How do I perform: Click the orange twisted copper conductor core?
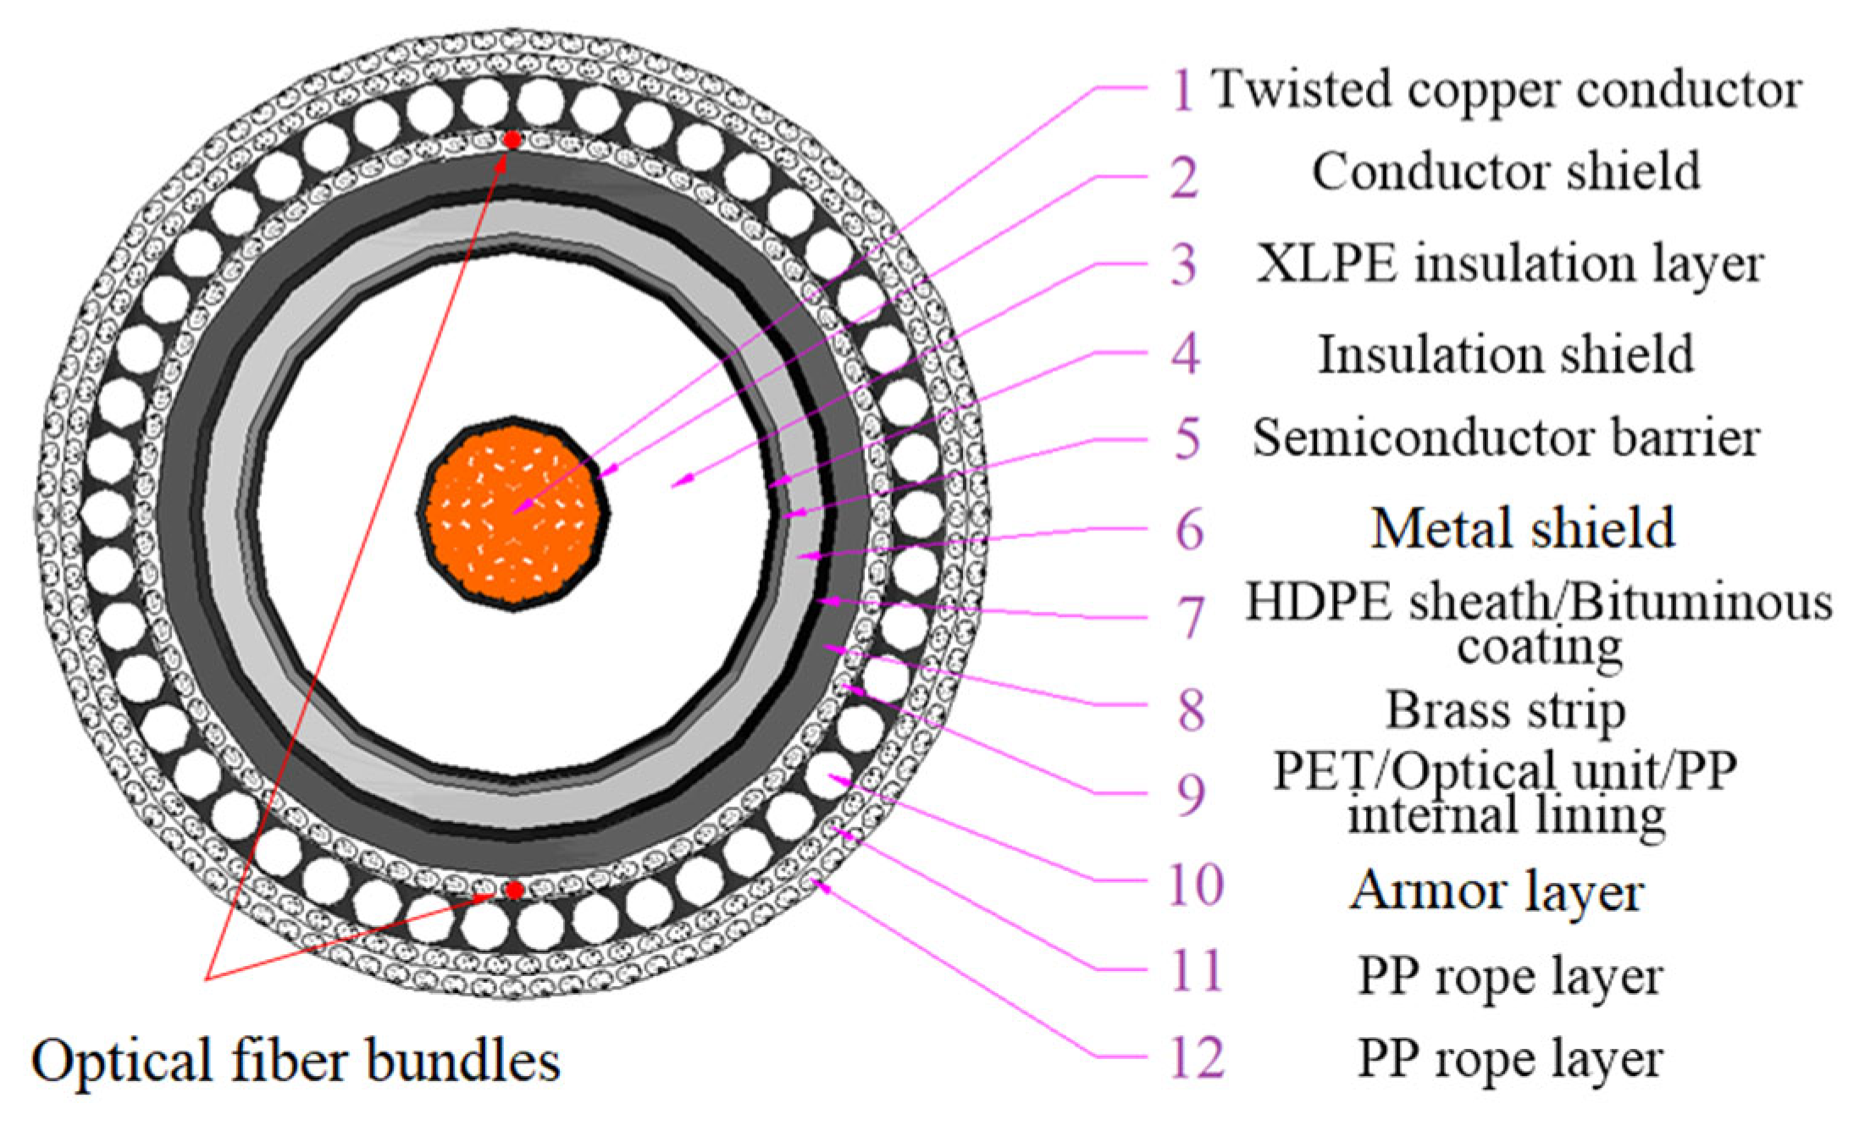click(513, 513)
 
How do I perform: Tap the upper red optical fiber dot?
click(512, 140)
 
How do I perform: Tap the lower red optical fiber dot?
click(514, 891)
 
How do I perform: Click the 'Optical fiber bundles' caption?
click(296, 1062)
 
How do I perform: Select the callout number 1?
click(1183, 90)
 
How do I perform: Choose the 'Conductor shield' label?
click(1506, 172)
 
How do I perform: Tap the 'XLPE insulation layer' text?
click(1509, 264)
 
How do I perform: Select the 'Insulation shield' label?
click(1506, 354)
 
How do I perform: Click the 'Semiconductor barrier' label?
click(1506, 439)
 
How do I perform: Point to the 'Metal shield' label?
click(1522, 529)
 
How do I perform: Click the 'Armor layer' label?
click(1497, 892)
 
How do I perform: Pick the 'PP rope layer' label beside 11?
click(1510, 977)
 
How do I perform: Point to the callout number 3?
click(1184, 264)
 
